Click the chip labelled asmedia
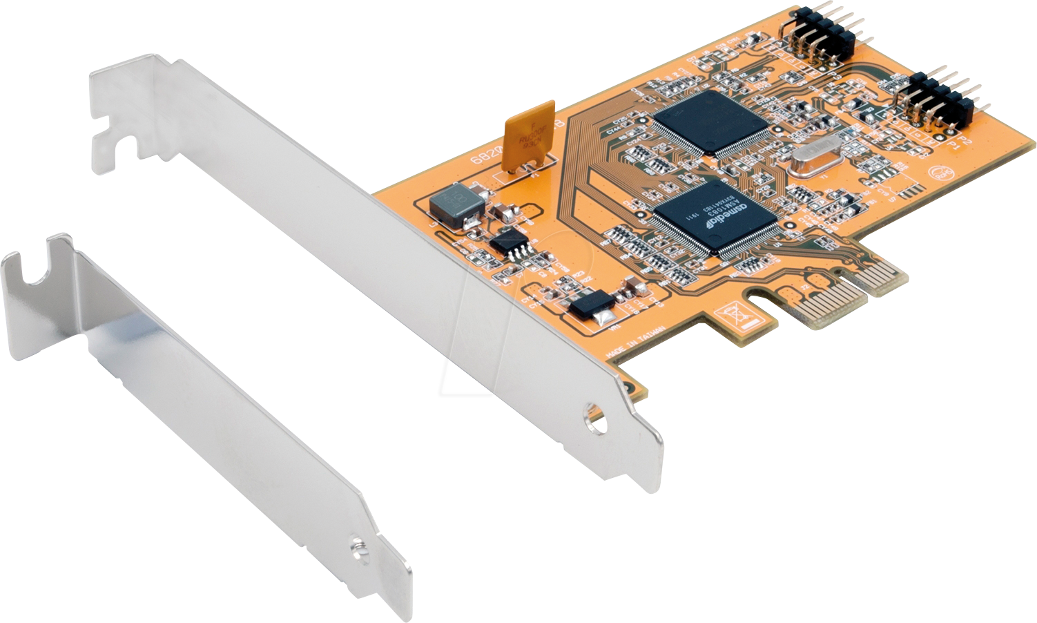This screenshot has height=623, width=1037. (715, 220)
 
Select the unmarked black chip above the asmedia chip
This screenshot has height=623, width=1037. (710, 122)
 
